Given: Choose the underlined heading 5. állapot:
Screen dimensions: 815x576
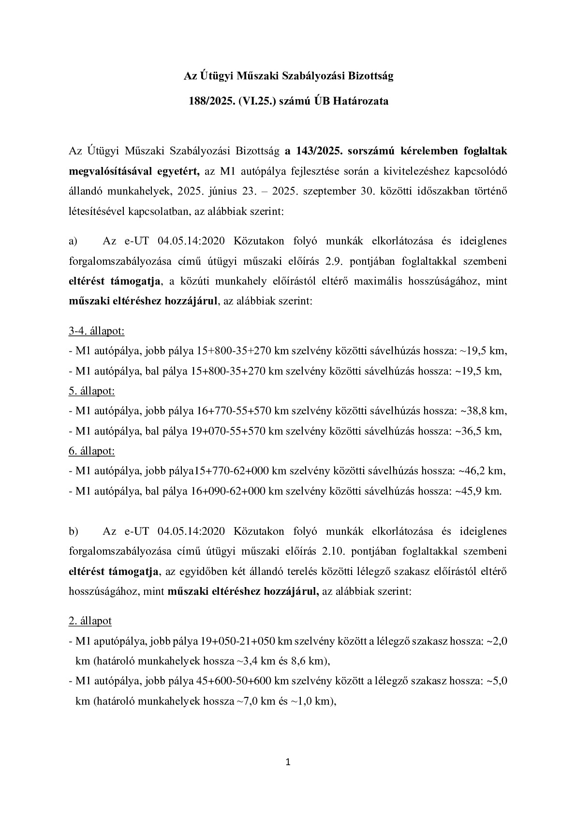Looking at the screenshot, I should pyautogui.click(x=92, y=391).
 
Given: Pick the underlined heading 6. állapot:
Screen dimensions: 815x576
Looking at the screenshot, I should pyautogui.click(x=92, y=451).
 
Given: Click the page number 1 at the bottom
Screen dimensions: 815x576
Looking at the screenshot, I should pyautogui.click(x=288, y=763).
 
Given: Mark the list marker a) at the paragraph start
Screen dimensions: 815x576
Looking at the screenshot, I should pyautogui.click(x=74, y=241).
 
